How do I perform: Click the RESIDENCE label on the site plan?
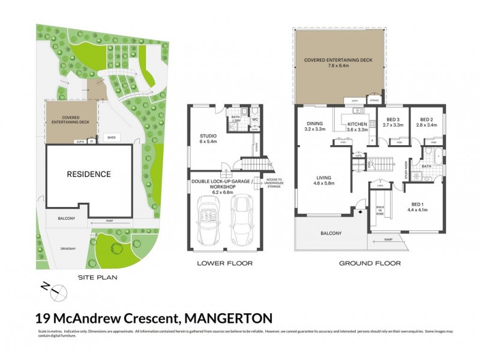point(89,175)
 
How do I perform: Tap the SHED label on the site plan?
point(112,137)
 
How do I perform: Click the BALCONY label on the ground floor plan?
point(331,233)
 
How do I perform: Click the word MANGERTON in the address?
point(229,317)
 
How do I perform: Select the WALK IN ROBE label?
point(379,210)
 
